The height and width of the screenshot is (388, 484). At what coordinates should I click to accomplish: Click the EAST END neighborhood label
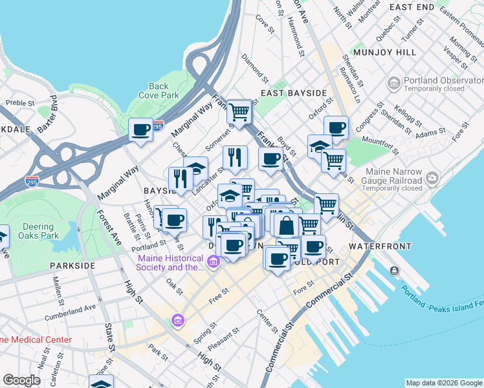point(412,7)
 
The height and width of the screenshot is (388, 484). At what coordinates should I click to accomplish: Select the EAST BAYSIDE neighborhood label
point(294,93)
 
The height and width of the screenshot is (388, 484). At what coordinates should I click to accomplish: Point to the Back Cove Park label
point(159,91)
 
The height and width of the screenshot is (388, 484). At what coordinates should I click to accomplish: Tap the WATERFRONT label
point(379,247)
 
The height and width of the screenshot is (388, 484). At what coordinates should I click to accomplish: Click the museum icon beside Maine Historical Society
point(214,262)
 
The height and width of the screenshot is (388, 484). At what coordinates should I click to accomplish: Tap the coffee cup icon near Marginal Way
point(140,129)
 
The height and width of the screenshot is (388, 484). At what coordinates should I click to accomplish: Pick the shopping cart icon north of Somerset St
point(239,112)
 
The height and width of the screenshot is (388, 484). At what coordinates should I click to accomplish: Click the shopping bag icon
point(287,226)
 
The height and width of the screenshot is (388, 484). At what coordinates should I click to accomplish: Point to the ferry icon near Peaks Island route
point(394,272)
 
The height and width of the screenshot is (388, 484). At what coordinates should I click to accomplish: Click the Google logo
point(21,380)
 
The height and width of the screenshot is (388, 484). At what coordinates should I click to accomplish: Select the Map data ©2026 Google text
point(443,383)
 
